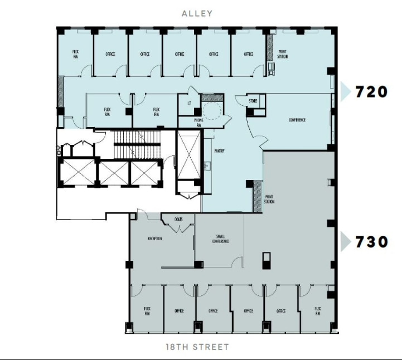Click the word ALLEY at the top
coord(197,13)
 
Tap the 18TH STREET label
coord(197,347)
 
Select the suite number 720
coord(372,91)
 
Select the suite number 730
coord(372,242)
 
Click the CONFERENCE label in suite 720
coord(297,120)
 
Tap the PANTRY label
coord(219,151)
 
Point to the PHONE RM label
coord(198,123)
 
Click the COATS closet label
coord(178,219)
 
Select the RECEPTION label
coord(154,239)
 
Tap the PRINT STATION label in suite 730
coord(269,199)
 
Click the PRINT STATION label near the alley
coord(283,54)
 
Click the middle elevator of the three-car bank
coord(113,173)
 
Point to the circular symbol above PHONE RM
coord(212,110)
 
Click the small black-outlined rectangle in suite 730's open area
coord(267,260)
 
